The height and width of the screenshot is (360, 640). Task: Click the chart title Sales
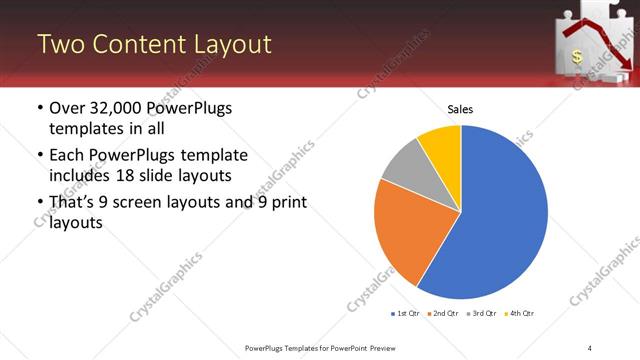tap(460, 109)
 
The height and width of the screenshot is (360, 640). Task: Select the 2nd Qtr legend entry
tap(444, 313)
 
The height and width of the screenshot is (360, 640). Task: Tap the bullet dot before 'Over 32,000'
tap(39, 108)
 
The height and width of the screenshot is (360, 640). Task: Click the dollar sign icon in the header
tap(577, 58)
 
